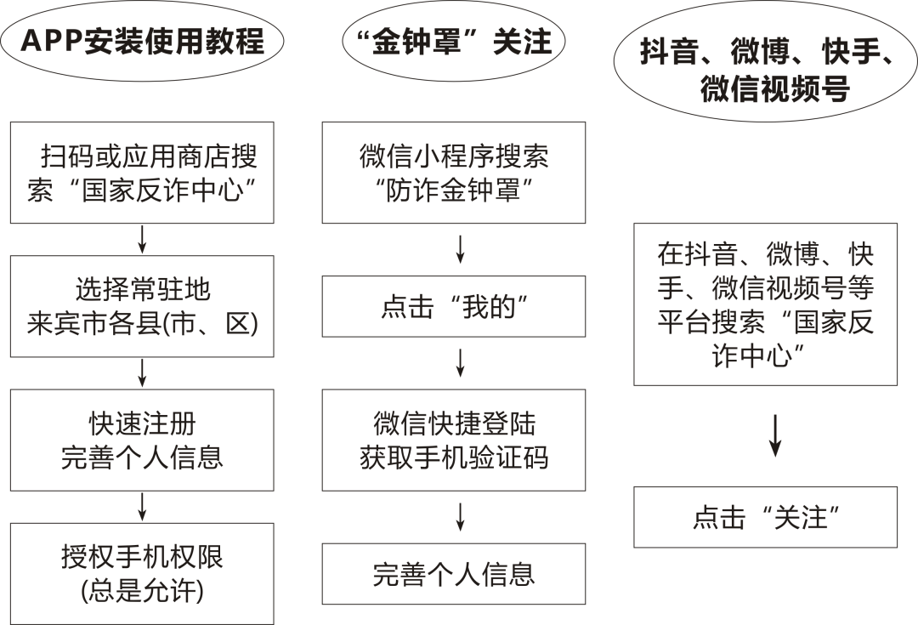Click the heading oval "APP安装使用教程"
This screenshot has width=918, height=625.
pos(142,41)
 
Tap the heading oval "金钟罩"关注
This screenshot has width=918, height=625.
pos(454,41)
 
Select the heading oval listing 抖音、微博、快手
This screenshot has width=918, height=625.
pos(765,61)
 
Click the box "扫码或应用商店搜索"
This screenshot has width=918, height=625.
pos(142,173)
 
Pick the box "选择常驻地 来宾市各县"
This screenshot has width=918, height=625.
pos(142,306)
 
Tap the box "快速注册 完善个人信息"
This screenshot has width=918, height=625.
pos(142,440)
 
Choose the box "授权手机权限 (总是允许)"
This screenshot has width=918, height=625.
pos(142,573)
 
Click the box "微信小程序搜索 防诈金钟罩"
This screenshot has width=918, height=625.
pos(454,173)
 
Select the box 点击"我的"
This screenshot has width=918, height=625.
pos(454,306)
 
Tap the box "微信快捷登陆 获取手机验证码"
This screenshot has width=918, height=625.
pos(454,440)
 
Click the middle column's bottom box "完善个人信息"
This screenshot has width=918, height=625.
pos(454,574)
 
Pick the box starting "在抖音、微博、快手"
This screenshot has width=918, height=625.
pos(765,304)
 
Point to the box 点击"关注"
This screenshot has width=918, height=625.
pos(765,517)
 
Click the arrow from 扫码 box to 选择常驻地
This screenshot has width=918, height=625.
pos(142,239)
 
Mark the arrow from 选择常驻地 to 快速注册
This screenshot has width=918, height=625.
pos(142,373)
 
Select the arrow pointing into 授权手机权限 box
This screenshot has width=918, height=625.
pos(142,507)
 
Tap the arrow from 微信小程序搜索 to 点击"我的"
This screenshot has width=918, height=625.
pos(460,249)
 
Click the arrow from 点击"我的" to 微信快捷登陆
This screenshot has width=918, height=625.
pos(460,363)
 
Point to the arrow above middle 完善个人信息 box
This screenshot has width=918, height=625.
pos(460,517)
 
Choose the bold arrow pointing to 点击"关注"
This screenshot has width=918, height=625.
pos(775,436)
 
